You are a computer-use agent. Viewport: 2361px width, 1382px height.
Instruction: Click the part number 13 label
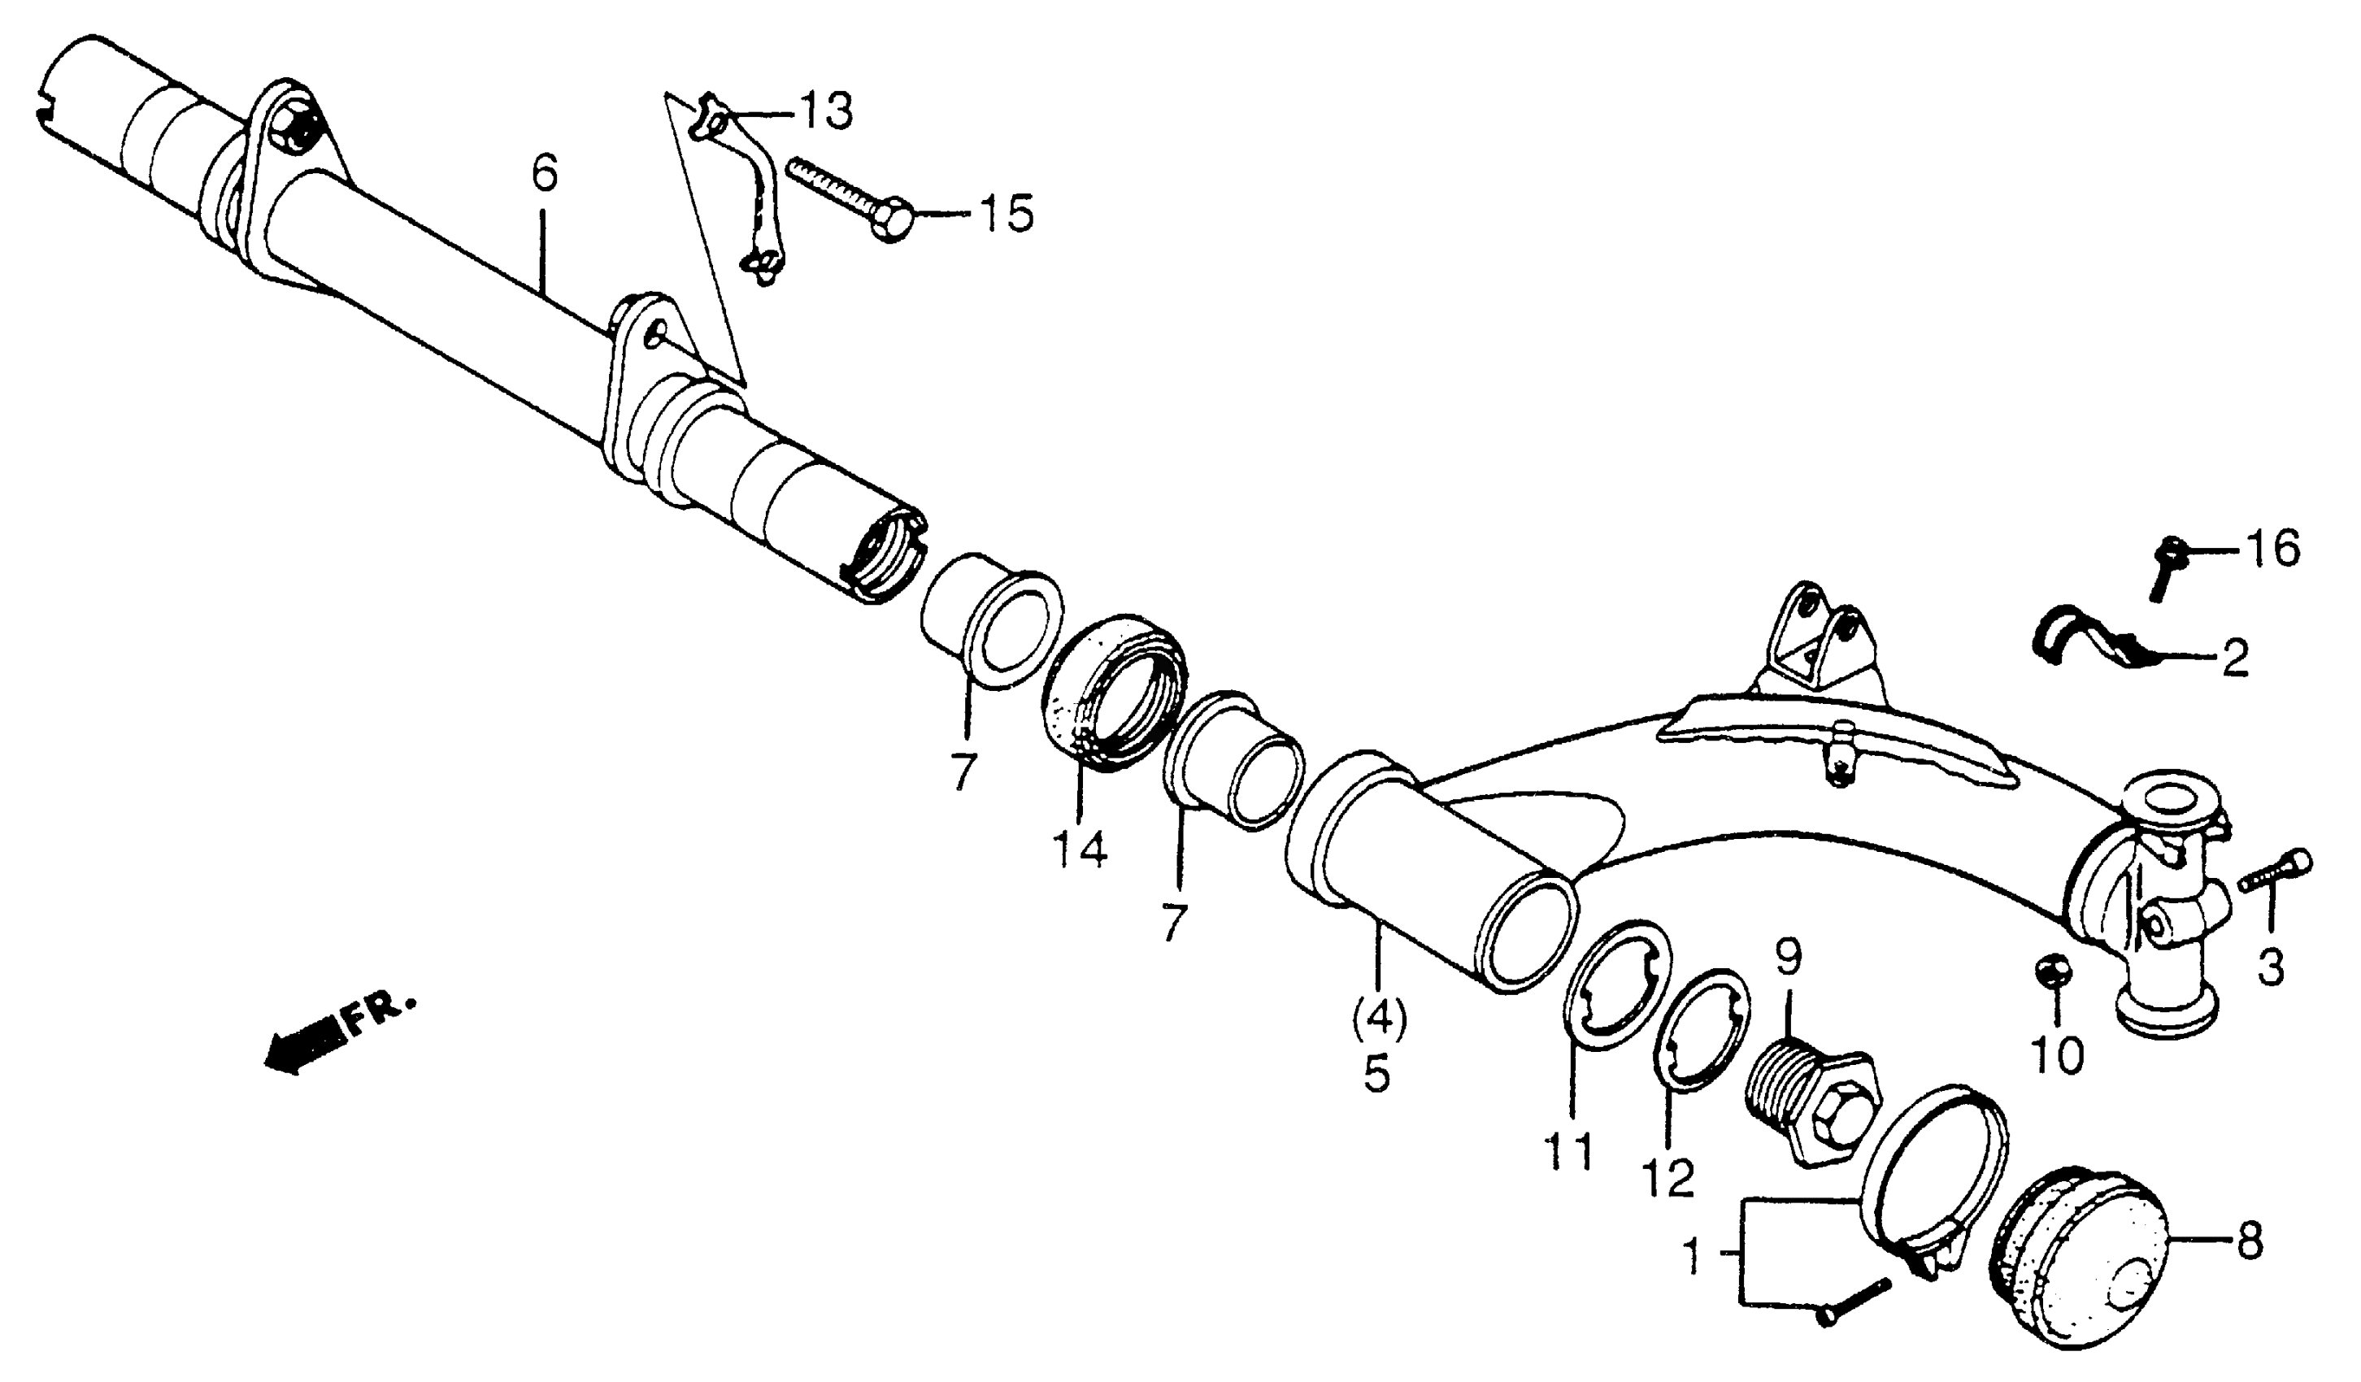click(x=825, y=112)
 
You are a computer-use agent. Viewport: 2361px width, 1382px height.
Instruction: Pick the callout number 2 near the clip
click(x=2236, y=659)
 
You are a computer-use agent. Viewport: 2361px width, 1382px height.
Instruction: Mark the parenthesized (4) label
click(x=1378, y=1021)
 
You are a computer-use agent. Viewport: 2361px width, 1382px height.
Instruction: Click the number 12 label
click(x=1667, y=1178)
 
